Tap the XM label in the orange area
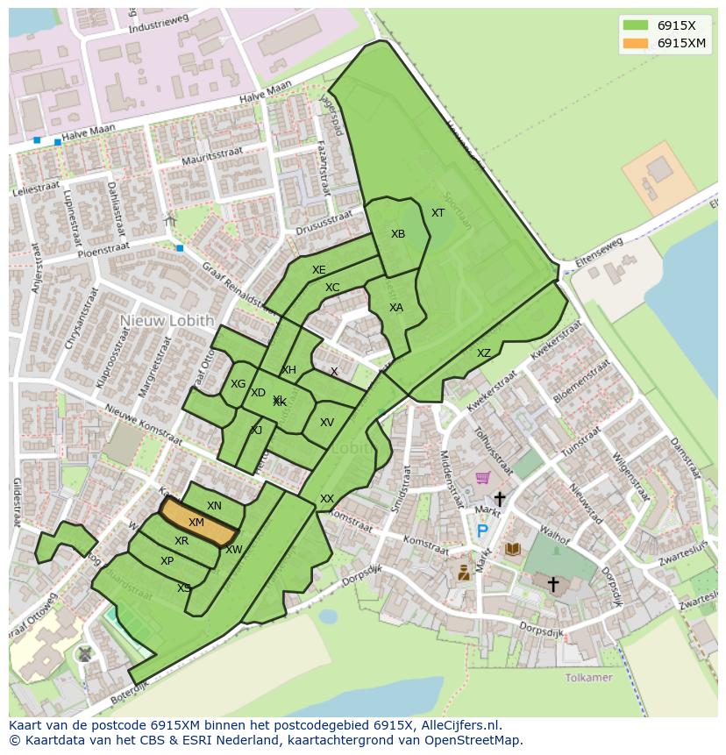tap(196, 523)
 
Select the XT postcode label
tap(438, 213)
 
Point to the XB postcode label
tap(398, 234)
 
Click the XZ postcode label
tap(484, 353)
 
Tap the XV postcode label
tap(327, 423)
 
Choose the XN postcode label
tap(214, 506)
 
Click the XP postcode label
tap(167, 561)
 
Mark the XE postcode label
tap(319, 270)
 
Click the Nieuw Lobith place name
tap(167, 321)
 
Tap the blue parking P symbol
tap(481, 531)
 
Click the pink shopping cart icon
tap(482, 478)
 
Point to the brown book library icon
tap(513, 549)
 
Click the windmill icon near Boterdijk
tap(84, 653)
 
